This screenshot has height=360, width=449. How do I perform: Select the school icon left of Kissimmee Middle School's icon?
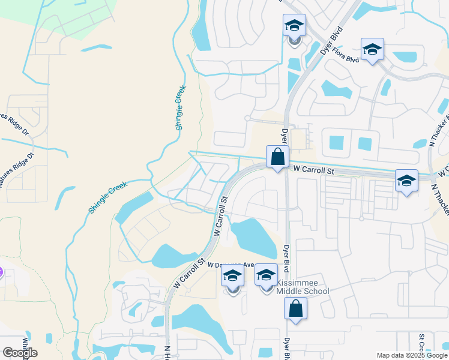point(233,276)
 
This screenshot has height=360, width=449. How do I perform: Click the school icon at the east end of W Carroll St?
point(406,180)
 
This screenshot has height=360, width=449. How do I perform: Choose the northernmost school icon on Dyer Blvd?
point(294,26)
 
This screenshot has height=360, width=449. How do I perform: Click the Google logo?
point(20,352)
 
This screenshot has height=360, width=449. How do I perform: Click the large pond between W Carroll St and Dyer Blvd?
point(253,237)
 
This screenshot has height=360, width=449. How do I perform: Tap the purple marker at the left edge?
point(1,272)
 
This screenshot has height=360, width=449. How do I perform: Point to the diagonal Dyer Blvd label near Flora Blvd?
point(331,41)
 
